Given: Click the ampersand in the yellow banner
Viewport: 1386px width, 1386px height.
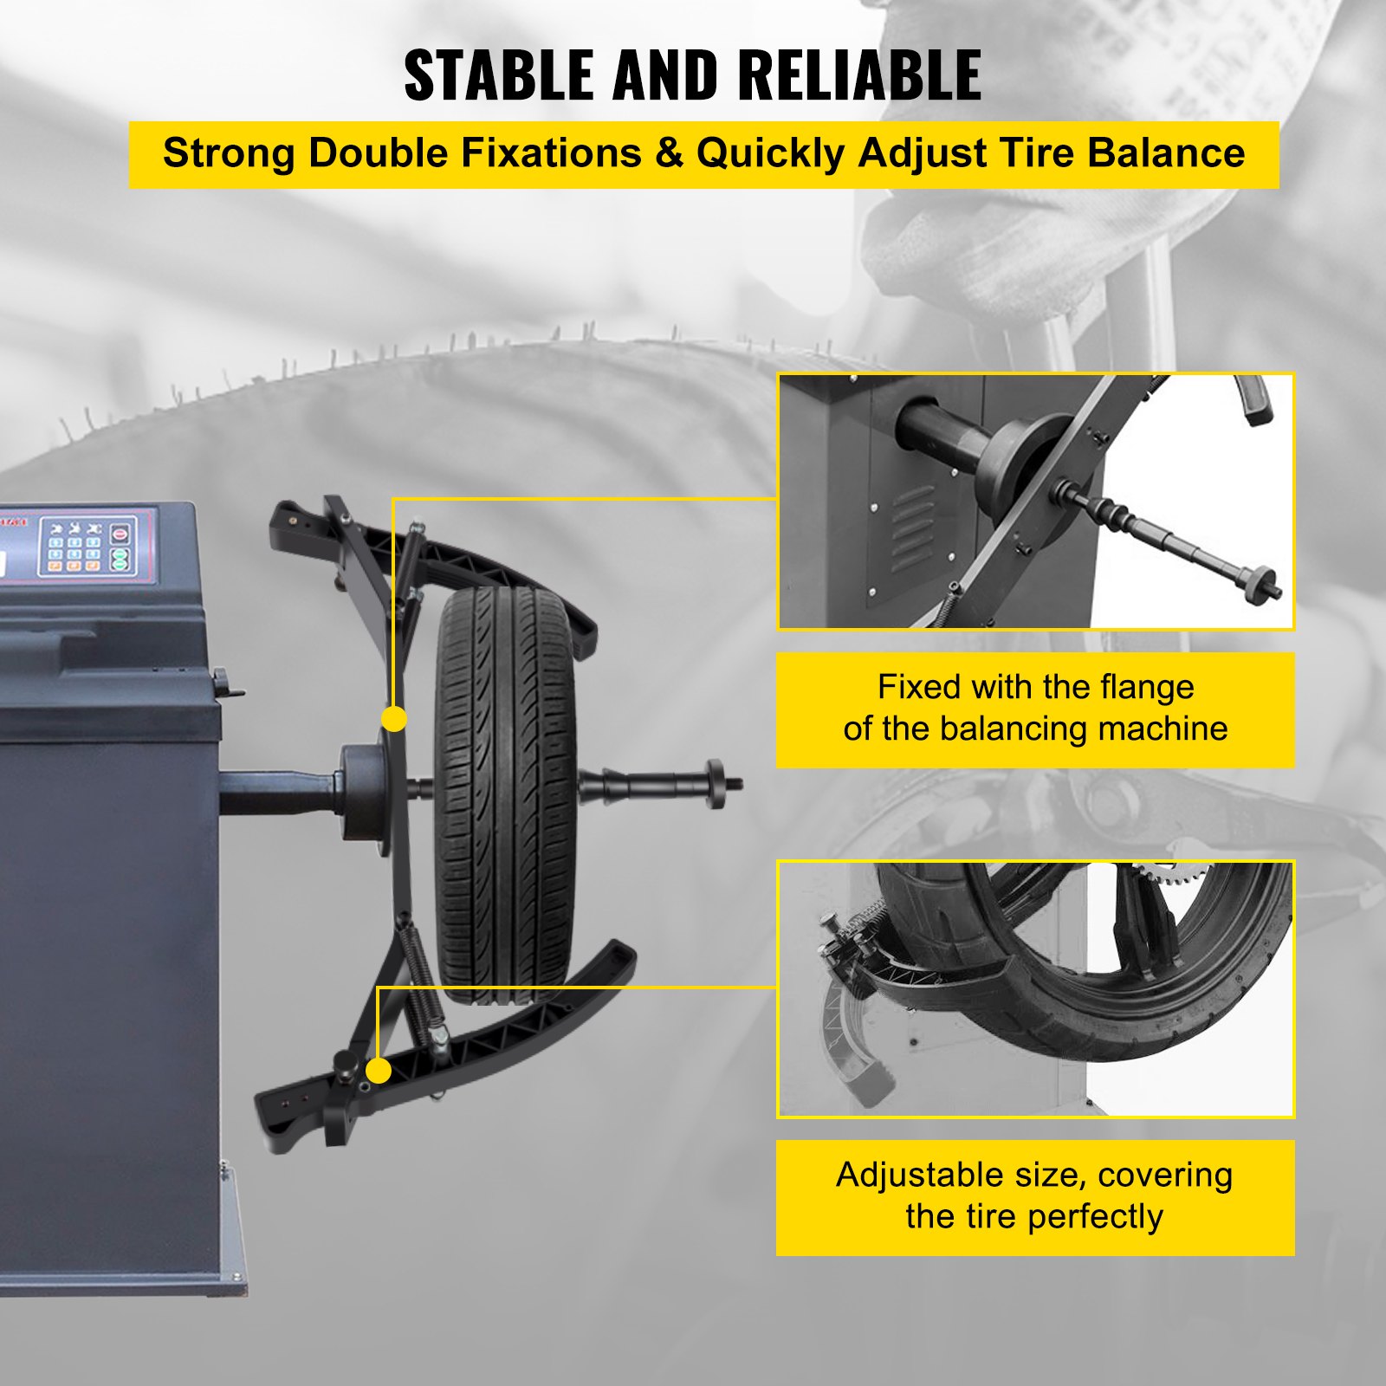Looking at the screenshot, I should pos(669,153).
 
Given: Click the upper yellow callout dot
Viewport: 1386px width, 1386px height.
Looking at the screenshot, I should pos(394,718).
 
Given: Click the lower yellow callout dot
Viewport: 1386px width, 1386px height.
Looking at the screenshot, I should pos(378,1071).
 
